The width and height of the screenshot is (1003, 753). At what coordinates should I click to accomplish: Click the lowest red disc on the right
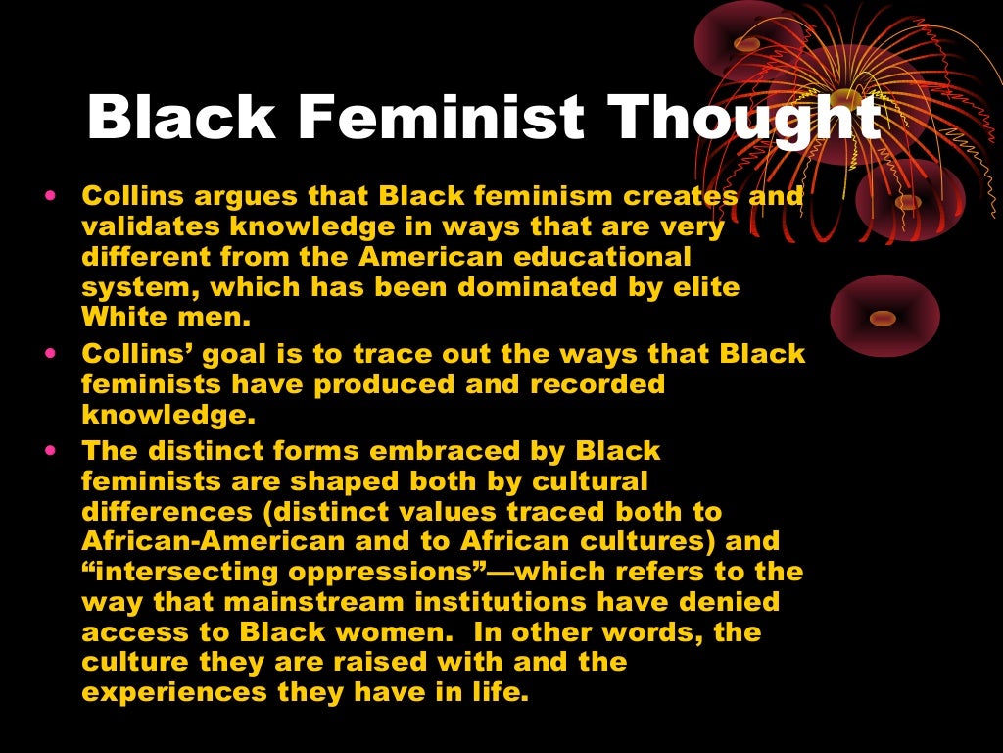884,316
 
